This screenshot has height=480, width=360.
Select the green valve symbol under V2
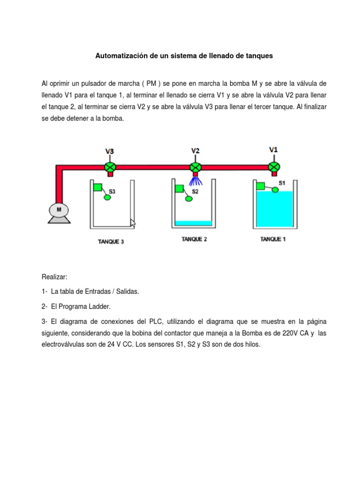click(x=195, y=166)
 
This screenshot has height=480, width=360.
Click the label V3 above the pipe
click(x=110, y=151)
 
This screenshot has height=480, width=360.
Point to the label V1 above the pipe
click(x=273, y=150)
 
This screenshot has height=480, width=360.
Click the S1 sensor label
click(x=282, y=182)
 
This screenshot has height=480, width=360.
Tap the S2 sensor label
click(x=195, y=191)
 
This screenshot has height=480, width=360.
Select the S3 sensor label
click(x=112, y=191)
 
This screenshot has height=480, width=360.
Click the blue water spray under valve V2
click(x=195, y=181)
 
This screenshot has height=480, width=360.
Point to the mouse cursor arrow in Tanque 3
click(x=133, y=223)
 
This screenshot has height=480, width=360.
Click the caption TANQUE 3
click(x=111, y=242)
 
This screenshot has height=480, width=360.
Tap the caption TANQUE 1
click(x=273, y=239)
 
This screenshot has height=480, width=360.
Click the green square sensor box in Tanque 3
click(x=98, y=187)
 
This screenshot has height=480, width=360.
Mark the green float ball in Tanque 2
click(x=189, y=199)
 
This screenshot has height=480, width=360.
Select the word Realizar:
click(x=54, y=277)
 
